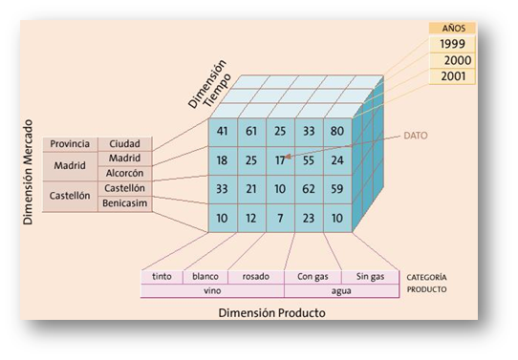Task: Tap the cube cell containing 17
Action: [x=279, y=160]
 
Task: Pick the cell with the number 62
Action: [x=308, y=189]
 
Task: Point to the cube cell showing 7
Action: [x=279, y=218]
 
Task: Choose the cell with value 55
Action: [x=308, y=160]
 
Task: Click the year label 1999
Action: [x=453, y=44]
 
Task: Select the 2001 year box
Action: [x=453, y=77]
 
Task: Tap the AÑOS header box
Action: [x=453, y=28]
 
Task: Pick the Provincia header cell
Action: [x=70, y=144]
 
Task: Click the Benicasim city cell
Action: [x=125, y=203]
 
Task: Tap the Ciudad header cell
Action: [x=125, y=144]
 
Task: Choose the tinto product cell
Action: [x=162, y=277]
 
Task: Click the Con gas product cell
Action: [x=313, y=277]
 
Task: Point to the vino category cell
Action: [x=211, y=290]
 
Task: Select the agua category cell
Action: [x=341, y=290]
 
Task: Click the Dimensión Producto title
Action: [x=272, y=312]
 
